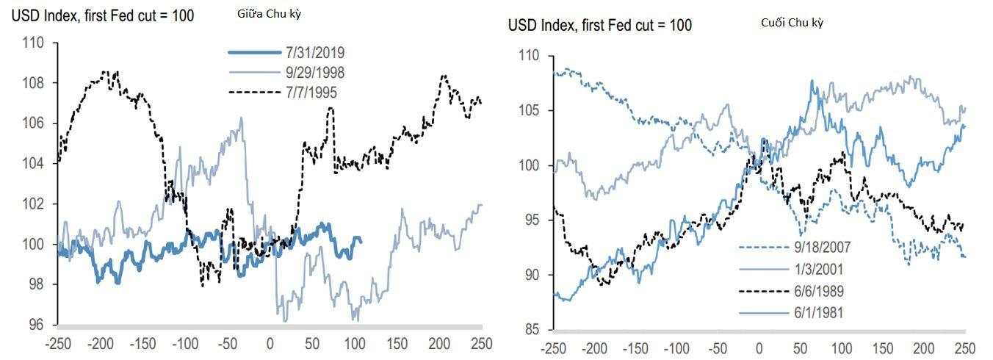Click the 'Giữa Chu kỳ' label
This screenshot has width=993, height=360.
pyautogui.click(x=269, y=12)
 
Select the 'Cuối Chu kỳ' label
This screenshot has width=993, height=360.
pyautogui.click(x=792, y=23)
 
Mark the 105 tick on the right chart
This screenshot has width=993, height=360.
pyautogui.click(x=529, y=111)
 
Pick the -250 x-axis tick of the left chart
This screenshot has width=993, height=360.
pyautogui.click(x=58, y=342)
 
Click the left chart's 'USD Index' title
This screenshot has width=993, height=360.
pyautogui.click(x=103, y=15)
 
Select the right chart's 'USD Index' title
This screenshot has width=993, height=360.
pyautogui.click(x=599, y=25)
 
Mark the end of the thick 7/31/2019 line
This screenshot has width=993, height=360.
pyautogui.click(x=361, y=240)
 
